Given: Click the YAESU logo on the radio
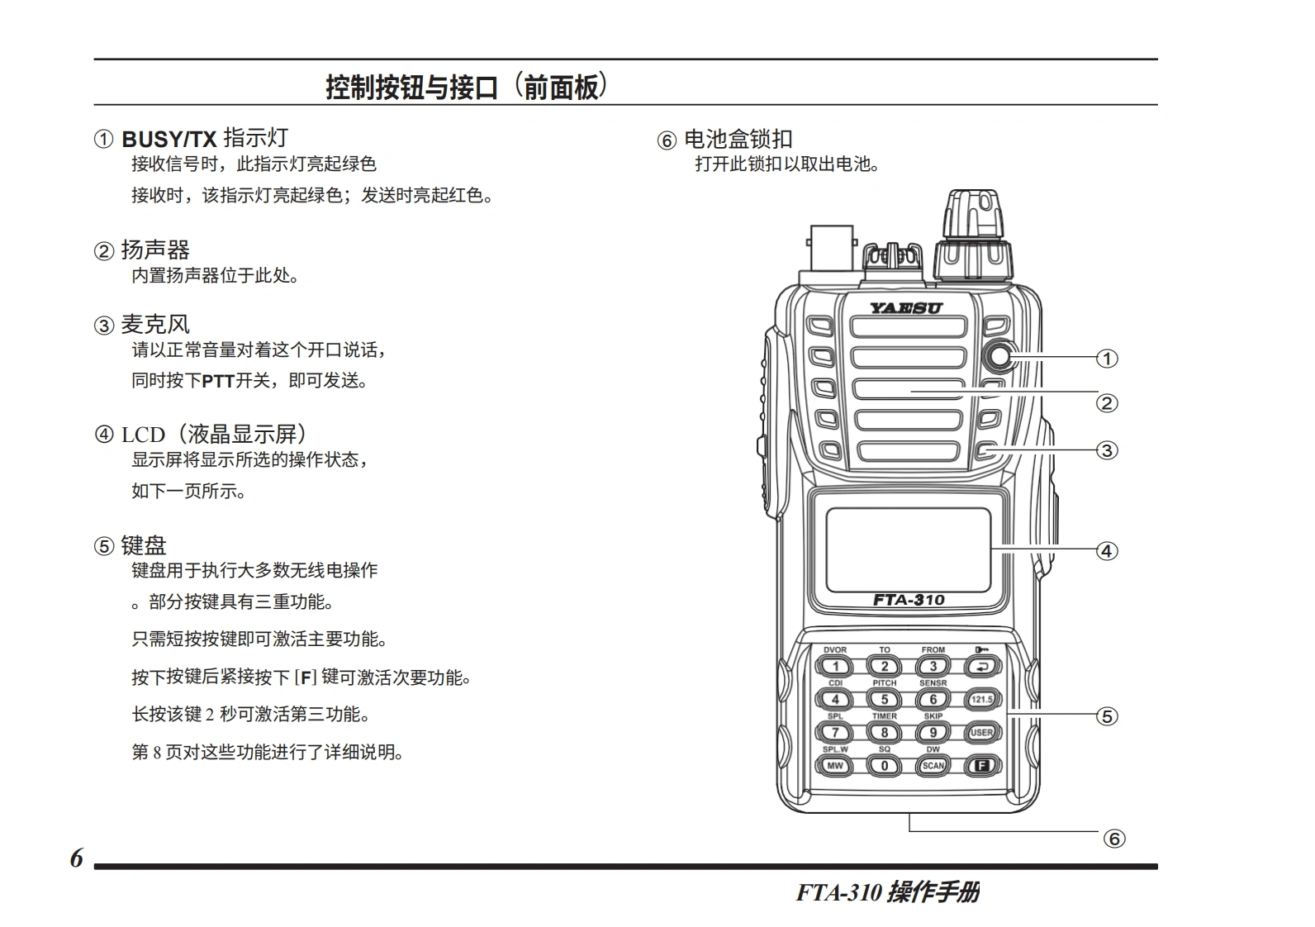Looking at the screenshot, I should pos(905,308).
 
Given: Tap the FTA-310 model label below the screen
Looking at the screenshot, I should pos(908,600).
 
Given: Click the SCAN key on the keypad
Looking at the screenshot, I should pos(933,766).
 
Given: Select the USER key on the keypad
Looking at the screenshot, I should pos(981,733).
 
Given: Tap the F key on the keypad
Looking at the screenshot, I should pos(981,766).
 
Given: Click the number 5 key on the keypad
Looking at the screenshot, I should pos(884,700).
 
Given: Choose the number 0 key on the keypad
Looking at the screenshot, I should pos(884,766).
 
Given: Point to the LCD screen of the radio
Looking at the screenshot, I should pos(908,549).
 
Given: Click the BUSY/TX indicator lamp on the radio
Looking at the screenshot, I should pos(999,357).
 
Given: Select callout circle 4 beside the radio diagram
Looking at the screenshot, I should pos(1107,551).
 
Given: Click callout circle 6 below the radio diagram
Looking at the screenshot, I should pos(1114,839).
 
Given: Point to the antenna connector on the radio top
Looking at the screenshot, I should pos(832,248).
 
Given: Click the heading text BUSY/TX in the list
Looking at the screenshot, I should pos(169,139).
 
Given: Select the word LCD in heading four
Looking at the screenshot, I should pos(143,435).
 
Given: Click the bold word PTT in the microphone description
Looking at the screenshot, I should pos(218,382).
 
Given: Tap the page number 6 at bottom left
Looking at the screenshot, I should pos(76,859).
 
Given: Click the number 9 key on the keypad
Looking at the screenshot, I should pos(933,733).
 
